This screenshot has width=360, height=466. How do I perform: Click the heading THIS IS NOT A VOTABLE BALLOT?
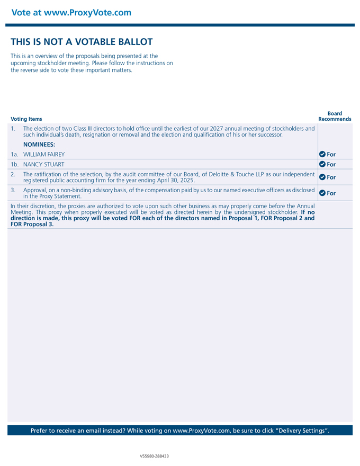click(x=82, y=42)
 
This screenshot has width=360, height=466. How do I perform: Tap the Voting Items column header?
click(x=26, y=119)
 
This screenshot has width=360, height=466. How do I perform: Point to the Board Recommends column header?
click(x=335, y=116)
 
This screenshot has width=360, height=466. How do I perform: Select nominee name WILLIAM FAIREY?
click(x=44, y=154)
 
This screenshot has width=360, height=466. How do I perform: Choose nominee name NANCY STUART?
click(x=43, y=164)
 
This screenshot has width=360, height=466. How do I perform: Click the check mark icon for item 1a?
click(x=322, y=154)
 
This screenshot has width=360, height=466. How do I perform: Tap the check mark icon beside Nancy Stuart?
click(x=322, y=164)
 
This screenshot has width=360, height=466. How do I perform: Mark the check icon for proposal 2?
click(x=322, y=177)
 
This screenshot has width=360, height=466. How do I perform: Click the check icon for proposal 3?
click(x=322, y=193)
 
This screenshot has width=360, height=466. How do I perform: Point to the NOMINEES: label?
click(x=39, y=144)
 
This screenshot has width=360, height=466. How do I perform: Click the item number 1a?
click(x=14, y=154)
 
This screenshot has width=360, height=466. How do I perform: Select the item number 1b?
click(x=14, y=164)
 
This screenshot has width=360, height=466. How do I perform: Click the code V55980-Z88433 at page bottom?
click(x=155, y=456)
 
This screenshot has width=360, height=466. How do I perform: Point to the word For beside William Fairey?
click(x=331, y=154)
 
